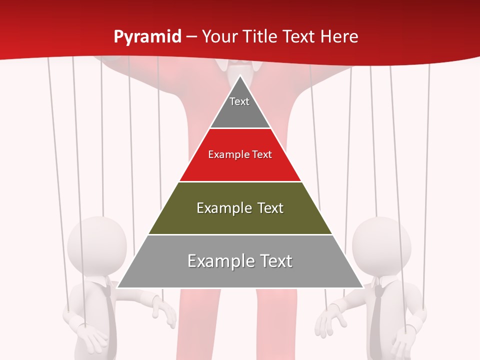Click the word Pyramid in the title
point(147,37)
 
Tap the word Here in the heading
point(339,36)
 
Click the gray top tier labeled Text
point(239,107)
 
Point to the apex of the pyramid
point(240,75)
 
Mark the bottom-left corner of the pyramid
point(117,288)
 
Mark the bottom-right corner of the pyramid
point(363,288)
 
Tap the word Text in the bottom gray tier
point(275,261)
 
